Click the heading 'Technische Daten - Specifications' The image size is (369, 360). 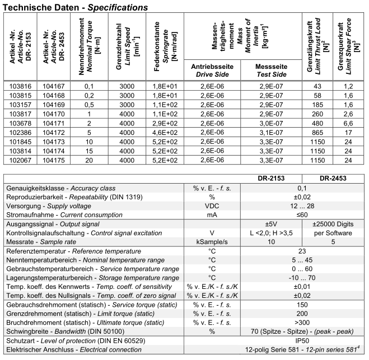[76, 7]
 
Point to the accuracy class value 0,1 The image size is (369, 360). [317, 189]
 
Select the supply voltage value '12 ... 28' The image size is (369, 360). [317, 205]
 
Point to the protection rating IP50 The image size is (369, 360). [317, 340]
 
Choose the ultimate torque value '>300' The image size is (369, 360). [317, 322]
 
